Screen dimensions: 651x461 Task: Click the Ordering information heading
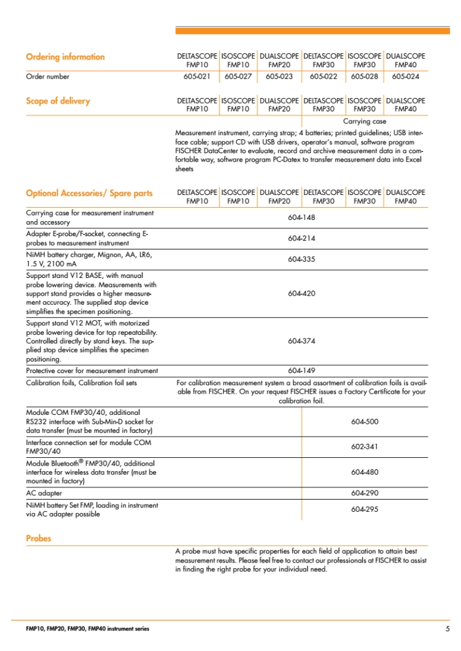click(x=65, y=57)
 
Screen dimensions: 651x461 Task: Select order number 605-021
click(x=197, y=77)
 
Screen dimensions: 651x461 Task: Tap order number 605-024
click(x=405, y=77)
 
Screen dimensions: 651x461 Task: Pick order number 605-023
click(x=279, y=77)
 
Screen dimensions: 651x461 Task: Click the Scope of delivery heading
click(x=58, y=101)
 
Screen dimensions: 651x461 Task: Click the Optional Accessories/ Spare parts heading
click(x=89, y=193)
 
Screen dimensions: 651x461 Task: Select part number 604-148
click(x=301, y=217)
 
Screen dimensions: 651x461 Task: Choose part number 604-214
click(x=301, y=239)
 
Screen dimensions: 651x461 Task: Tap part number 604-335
click(x=301, y=259)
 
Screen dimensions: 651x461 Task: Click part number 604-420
click(x=301, y=294)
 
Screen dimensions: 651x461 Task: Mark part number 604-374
click(x=301, y=341)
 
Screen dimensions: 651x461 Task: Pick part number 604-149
click(x=301, y=371)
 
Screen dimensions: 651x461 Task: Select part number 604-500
click(x=365, y=421)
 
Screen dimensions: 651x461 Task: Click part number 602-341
click(x=365, y=447)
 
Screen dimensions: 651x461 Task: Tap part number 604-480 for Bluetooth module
click(x=365, y=472)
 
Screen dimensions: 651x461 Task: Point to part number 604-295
click(x=365, y=509)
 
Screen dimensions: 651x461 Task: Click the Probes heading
click(x=39, y=538)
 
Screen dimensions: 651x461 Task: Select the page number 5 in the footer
click(x=447, y=629)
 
